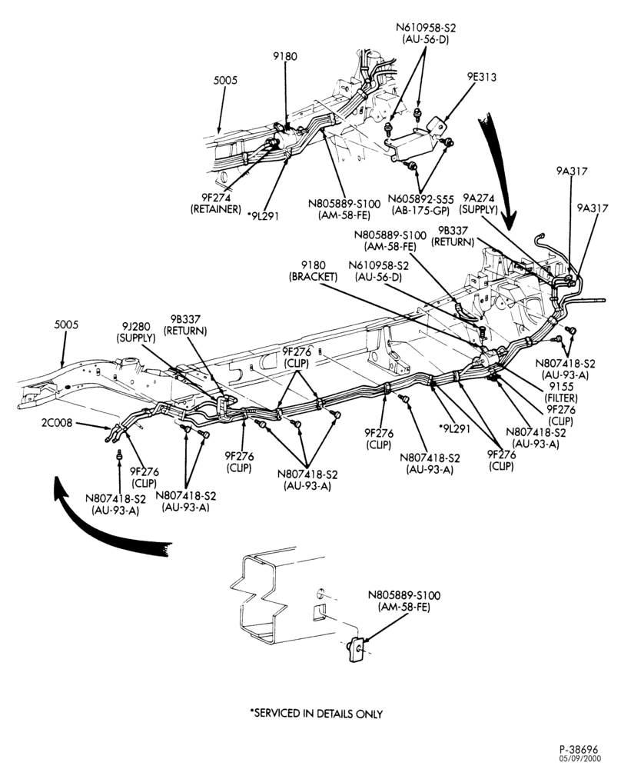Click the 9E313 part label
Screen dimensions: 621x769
[481, 77]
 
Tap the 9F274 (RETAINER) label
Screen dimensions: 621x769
[216, 203]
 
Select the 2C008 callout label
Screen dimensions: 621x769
[56, 423]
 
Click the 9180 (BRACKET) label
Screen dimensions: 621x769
[314, 271]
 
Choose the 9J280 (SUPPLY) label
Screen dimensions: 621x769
[136, 332]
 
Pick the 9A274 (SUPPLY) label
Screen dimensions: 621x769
[478, 204]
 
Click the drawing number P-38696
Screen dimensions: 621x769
[579, 749]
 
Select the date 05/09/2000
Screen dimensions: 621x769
[579, 759]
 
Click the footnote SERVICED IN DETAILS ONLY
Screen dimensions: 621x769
[316, 714]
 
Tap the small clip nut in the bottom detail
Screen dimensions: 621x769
[356, 649]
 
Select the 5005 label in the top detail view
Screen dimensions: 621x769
[225, 80]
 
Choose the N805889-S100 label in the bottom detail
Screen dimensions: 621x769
[404, 601]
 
